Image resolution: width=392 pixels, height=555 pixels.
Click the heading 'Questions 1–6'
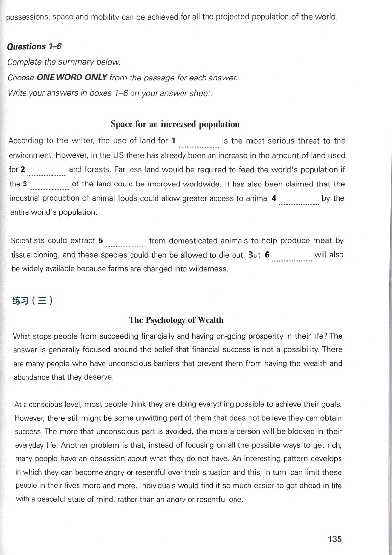pyautogui.click(x=34, y=47)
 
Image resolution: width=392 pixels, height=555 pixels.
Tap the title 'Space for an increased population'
pyautogui.click(x=175, y=124)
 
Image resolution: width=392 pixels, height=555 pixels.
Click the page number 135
pyautogui.click(x=335, y=539)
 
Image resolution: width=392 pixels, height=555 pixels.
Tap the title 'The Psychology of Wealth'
pyautogui.click(x=176, y=320)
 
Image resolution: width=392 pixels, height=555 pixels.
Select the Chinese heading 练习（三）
pyautogui.click(x=33, y=300)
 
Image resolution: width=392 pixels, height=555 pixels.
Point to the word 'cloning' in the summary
pyautogui.click(x=50, y=255)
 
